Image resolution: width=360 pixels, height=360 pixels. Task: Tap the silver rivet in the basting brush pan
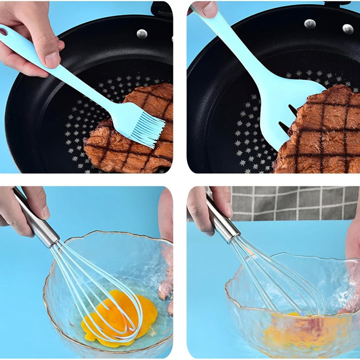(x=142, y=33)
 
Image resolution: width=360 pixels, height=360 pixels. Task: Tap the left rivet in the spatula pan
(x=310, y=23)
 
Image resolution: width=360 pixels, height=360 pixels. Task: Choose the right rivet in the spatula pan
(x=348, y=29)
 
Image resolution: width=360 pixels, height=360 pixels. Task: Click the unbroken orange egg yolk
(x=120, y=315)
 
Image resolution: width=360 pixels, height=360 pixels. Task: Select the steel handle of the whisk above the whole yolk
(x=37, y=220)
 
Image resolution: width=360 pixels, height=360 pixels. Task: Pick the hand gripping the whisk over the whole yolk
(x=20, y=210)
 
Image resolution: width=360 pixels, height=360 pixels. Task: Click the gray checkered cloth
(x=295, y=202)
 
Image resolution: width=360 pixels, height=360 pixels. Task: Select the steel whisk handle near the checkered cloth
(x=222, y=220)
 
